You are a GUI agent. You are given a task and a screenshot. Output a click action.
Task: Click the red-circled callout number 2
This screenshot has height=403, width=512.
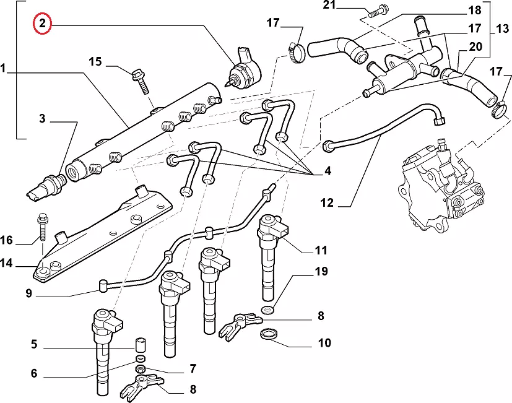(42, 24)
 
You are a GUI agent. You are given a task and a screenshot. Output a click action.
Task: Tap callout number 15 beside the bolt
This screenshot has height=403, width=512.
(94, 61)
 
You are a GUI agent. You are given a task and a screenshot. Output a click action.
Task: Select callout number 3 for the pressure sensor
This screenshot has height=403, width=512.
(42, 118)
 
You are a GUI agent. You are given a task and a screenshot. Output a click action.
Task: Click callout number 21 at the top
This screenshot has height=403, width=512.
(328, 6)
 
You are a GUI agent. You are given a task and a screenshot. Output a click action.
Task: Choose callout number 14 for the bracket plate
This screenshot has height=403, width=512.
(6, 263)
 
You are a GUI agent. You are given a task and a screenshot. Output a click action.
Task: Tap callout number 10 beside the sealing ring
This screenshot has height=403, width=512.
(324, 342)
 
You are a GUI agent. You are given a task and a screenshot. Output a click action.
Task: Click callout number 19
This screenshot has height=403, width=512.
(321, 271)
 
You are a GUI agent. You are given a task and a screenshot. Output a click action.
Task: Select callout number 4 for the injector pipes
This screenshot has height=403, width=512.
(328, 170)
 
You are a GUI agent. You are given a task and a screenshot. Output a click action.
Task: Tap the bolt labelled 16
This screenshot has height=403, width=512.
(43, 227)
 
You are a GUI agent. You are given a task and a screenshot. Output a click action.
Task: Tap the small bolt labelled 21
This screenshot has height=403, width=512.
(379, 11)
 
